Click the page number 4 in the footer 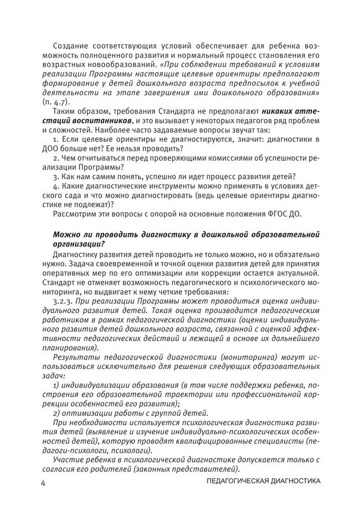point(43,483)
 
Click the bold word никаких point(277,112)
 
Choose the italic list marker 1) point(57,384)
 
